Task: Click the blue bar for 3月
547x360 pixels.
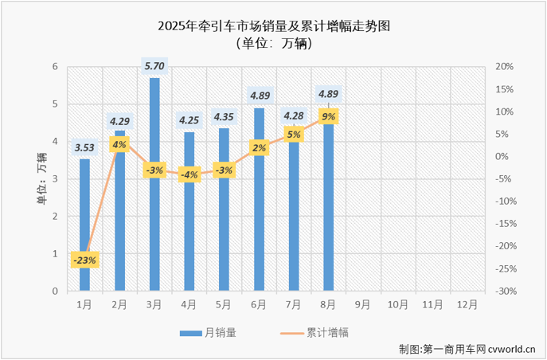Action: click(154, 184)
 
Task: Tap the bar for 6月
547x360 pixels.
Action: click(259, 199)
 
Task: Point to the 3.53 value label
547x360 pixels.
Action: click(84, 147)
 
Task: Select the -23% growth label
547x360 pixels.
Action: click(84, 260)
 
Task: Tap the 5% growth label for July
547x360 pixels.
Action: click(294, 135)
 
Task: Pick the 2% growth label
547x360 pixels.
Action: click(259, 148)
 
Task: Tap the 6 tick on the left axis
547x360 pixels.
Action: click(55, 66)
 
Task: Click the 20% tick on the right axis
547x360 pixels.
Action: click(503, 66)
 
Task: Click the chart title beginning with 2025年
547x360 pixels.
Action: click(274, 25)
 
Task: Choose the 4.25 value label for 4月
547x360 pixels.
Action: click(189, 119)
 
